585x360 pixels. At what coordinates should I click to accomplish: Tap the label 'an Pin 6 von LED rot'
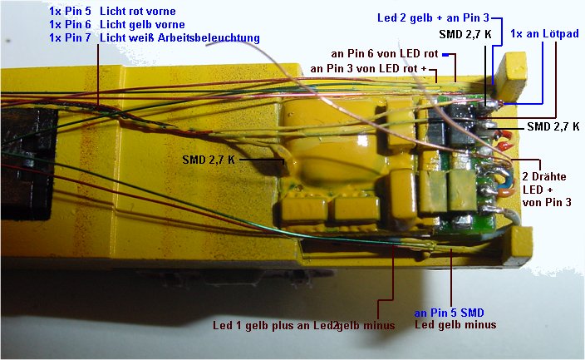coord(385,53)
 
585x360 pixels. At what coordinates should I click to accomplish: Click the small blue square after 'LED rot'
coord(445,53)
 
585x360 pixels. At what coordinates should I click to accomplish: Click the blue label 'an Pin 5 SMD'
coord(449,313)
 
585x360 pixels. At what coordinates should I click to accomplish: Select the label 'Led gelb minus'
coord(455,325)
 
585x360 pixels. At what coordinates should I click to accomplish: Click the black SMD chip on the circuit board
coord(465,116)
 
